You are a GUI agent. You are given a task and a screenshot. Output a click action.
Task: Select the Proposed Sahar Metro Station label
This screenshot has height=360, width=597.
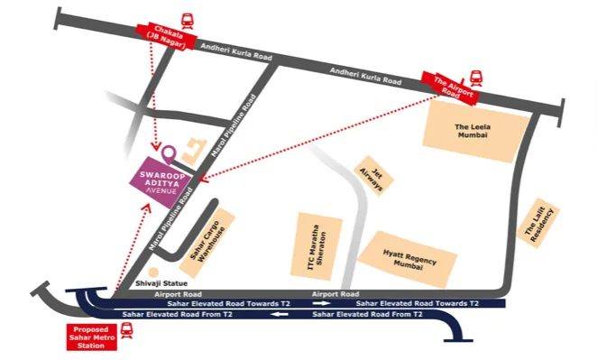pyautogui.click(x=92, y=336)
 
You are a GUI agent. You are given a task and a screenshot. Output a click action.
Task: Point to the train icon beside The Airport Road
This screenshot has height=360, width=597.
pyautogui.click(x=476, y=78)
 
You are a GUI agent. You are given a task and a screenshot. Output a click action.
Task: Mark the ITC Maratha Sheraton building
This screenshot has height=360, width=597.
pyautogui.click(x=322, y=246)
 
